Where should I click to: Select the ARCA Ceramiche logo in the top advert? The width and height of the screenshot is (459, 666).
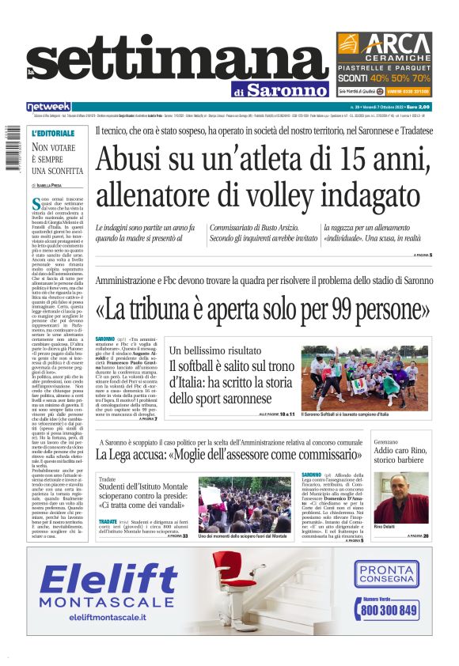pos(385,44)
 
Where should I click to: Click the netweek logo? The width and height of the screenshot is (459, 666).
pos(48,107)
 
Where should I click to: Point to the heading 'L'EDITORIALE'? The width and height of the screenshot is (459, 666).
pos(53,134)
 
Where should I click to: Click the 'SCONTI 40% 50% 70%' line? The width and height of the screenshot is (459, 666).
pos(384,78)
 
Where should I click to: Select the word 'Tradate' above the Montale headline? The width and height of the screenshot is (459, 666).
pos(108,479)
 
